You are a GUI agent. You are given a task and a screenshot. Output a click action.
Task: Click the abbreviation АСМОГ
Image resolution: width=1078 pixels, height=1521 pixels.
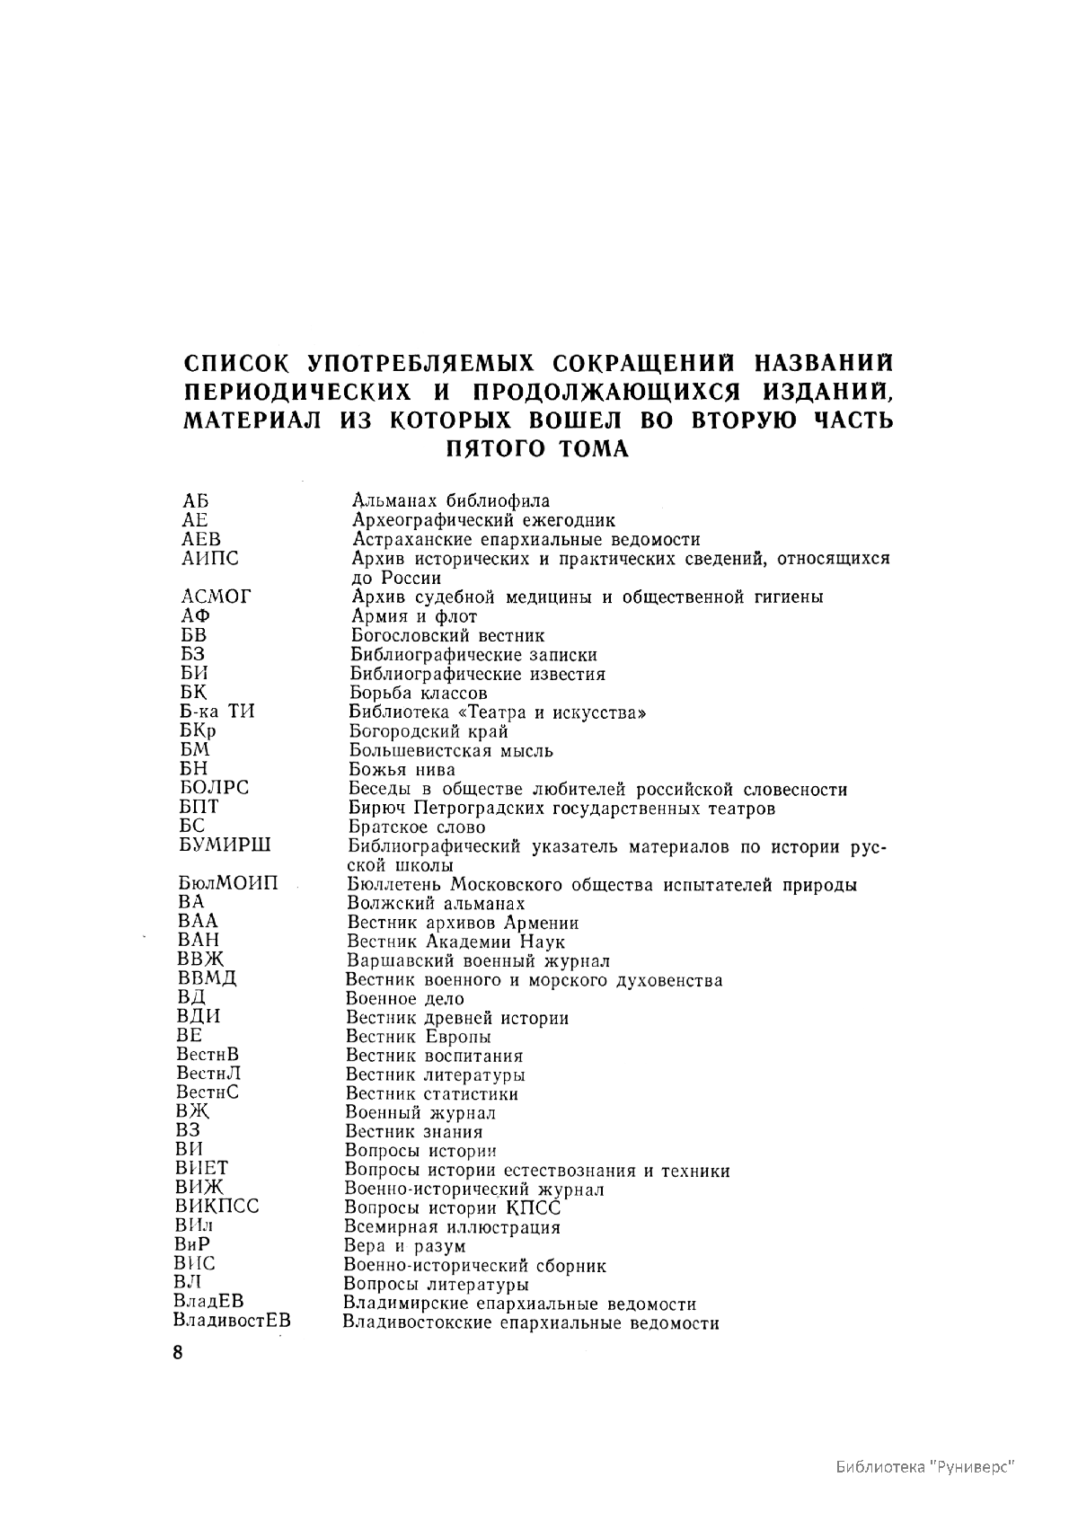[216, 597]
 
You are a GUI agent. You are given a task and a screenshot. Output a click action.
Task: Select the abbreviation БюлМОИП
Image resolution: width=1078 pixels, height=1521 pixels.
[228, 884]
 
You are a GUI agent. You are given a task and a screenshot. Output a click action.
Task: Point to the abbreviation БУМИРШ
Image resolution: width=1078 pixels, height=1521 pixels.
[225, 845]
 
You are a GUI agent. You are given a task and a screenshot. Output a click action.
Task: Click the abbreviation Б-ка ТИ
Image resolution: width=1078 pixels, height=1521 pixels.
[217, 712]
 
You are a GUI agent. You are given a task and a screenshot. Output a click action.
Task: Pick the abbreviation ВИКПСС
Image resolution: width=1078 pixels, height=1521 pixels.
[217, 1207]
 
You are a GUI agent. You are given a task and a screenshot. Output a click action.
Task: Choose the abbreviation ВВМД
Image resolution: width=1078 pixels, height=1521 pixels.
[207, 978]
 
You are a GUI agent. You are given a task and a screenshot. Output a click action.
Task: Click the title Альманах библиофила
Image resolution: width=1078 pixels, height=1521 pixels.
[450, 500]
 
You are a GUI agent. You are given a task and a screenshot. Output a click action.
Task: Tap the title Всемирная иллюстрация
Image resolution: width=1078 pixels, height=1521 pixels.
[453, 1227]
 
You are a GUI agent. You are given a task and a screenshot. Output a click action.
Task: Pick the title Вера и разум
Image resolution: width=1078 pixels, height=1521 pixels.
[405, 1246]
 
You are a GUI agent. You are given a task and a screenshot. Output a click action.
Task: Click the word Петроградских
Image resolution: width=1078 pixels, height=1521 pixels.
[500, 808]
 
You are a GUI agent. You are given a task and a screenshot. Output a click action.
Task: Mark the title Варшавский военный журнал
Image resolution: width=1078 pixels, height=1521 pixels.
[478, 960]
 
